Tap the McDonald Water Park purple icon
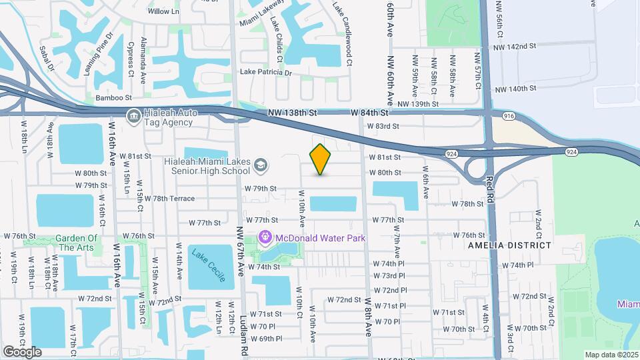pyautogui.click(x=265, y=237)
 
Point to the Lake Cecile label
pyautogui.click(x=207, y=265)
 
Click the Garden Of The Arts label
pyautogui.click(x=76, y=243)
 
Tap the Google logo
pyautogui.click(x=22, y=351)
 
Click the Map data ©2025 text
pyautogui.click(x=611, y=355)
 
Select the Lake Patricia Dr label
pyautogui.click(x=266, y=72)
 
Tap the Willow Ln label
pyautogui.click(x=164, y=11)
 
